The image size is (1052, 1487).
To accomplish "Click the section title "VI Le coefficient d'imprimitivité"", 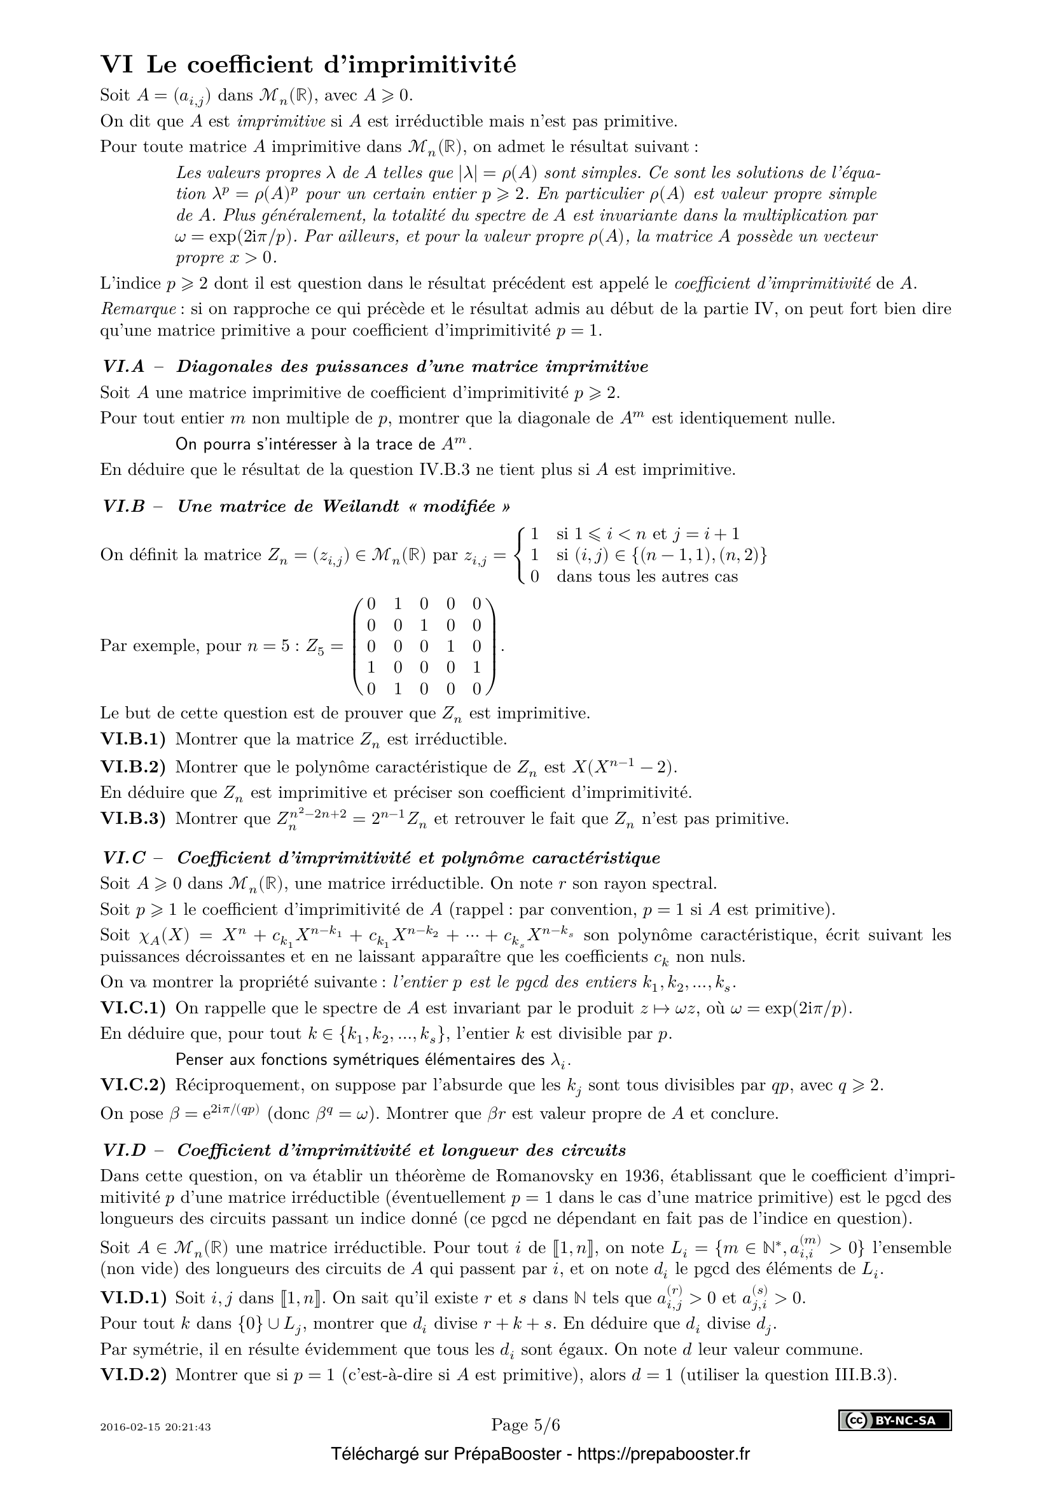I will click(x=308, y=65).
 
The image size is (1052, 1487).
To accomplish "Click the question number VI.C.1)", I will click(x=133, y=1008).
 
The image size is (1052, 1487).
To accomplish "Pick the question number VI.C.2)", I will click(x=133, y=1085).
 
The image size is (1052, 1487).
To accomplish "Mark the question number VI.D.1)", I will click(x=133, y=1298).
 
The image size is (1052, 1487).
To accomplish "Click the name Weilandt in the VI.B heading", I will click(x=361, y=507).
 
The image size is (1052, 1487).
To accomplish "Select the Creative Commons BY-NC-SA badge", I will click(x=896, y=1421).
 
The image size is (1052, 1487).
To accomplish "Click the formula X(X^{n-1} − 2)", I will click(x=625, y=767).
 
